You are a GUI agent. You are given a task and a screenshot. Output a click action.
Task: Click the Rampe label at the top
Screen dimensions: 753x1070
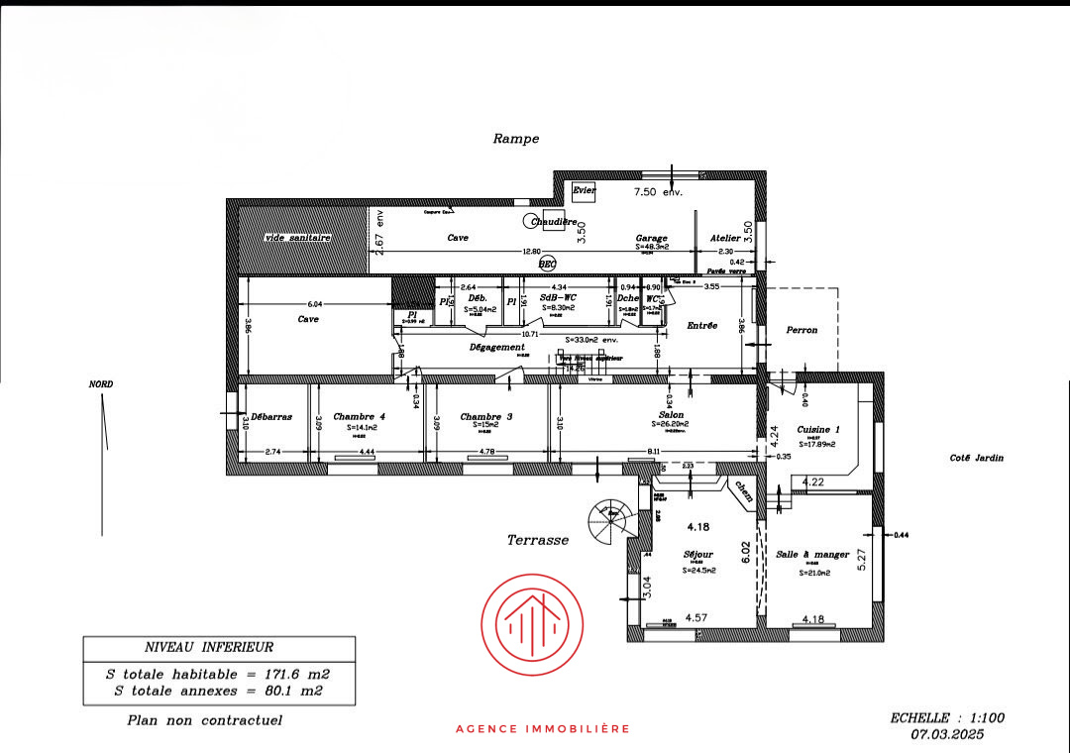(516, 139)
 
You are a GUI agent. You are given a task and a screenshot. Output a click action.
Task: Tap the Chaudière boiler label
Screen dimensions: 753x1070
(553, 222)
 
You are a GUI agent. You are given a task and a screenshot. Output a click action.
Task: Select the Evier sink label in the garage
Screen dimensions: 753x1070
(584, 189)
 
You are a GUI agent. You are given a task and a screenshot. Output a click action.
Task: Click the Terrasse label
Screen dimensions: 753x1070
(538, 540)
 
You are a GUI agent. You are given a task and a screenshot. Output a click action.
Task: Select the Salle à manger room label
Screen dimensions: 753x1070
(812, 555)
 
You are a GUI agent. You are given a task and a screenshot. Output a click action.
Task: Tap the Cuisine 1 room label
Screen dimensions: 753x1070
(818, 429)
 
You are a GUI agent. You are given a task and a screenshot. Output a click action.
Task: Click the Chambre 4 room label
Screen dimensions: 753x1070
(359, 417)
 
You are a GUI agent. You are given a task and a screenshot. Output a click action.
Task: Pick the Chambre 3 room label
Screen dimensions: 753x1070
(486, 417)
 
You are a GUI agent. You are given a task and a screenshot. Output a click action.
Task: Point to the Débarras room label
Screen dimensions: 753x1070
(271, 417)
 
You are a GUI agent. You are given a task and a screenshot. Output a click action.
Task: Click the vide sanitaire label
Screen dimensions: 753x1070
(297, 239)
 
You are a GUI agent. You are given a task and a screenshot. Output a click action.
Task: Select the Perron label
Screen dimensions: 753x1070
(802, 330)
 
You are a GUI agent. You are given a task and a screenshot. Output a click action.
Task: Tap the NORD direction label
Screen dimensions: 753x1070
(101, 384)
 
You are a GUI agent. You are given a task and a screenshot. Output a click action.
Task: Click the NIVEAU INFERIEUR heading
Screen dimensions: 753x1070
(209, 648)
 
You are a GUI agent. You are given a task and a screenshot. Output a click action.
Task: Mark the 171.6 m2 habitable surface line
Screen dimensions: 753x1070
(218, 674)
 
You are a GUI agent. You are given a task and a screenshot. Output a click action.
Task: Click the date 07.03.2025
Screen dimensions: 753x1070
(948, 735)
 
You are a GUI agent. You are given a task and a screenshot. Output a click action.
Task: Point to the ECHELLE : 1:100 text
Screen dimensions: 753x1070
(947, 718)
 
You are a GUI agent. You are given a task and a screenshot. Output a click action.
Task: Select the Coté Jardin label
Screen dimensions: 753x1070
(976, 458)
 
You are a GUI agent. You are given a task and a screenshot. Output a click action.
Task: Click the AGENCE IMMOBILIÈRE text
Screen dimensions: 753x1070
(543, 729)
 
